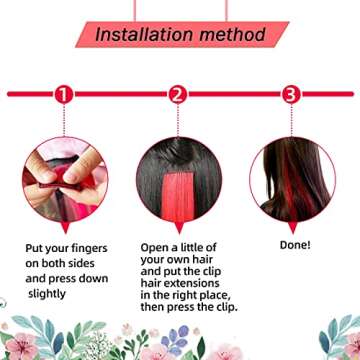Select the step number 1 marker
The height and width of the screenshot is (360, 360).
(64, 95)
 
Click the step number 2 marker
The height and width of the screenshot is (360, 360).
(178, 95)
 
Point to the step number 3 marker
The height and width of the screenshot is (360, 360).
(291, 95)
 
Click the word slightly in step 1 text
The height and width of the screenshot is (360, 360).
(47, 295)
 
